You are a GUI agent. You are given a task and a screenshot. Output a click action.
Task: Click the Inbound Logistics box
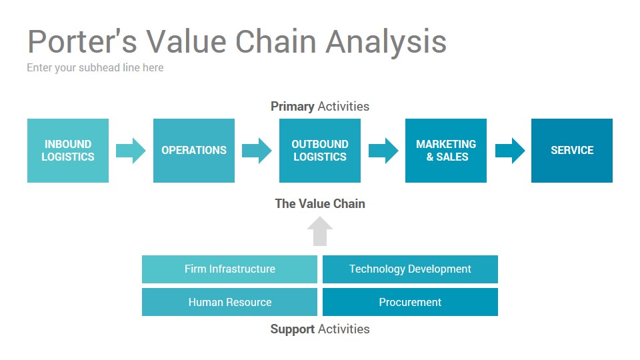68,150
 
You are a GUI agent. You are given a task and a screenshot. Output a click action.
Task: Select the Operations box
194,150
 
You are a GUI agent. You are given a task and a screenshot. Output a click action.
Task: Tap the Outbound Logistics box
320,150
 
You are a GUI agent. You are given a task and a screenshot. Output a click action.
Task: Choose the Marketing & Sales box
446,150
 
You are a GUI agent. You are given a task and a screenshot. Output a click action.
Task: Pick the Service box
572,150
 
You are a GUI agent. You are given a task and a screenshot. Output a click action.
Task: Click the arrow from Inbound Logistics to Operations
131,151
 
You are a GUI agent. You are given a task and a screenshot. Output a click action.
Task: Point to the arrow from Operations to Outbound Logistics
257,151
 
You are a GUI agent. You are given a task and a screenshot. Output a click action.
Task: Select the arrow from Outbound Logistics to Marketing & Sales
383,151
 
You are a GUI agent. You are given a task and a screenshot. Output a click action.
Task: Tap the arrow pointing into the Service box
510,151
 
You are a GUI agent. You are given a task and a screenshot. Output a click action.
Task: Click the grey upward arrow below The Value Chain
320,231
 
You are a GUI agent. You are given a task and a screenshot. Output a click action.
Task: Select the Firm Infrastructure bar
229,269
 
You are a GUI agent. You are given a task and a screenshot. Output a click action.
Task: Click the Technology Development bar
410,269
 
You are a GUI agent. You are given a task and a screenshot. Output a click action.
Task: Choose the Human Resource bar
229,302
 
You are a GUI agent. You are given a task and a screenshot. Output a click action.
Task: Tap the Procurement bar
410,302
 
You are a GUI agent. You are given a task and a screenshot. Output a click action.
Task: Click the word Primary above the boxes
292,107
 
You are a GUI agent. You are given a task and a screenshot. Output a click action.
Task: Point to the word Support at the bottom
292,329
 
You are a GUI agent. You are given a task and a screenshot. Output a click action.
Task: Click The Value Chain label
320,204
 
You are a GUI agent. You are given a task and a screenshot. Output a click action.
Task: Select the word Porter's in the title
82,41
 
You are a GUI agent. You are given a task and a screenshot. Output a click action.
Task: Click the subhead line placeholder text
95,68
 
